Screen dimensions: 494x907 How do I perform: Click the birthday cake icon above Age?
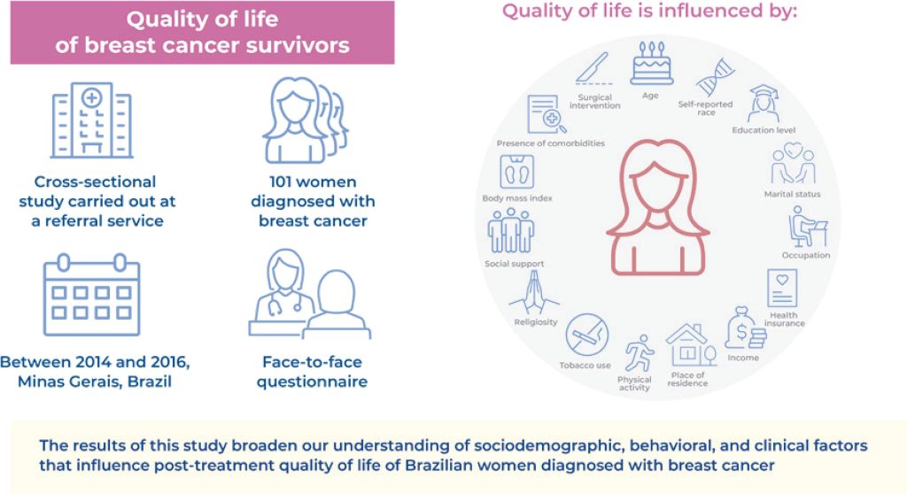651,65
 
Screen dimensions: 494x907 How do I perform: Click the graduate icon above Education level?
764,104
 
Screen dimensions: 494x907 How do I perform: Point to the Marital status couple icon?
792,165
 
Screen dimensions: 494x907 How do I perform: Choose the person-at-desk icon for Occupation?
806,227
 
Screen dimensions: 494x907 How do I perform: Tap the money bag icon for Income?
743,328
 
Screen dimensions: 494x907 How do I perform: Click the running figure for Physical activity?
637,353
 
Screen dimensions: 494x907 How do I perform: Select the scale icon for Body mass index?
516,172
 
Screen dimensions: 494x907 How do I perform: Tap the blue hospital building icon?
91,120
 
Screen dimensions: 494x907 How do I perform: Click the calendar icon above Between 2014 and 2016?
91,295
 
